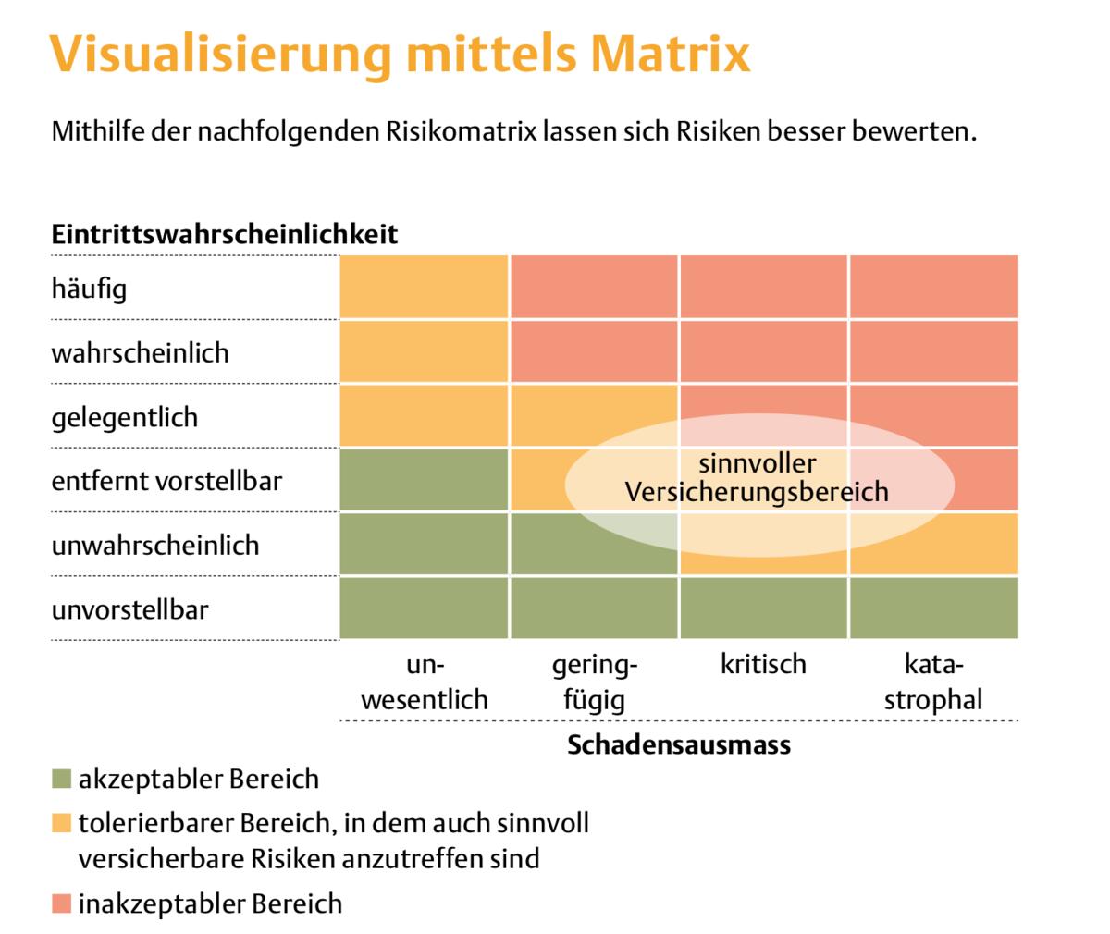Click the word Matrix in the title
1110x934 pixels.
coord(670,54)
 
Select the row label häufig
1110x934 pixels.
coord(89,289)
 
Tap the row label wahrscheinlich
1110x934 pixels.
coord(140,353)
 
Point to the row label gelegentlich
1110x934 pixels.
coord(124,417)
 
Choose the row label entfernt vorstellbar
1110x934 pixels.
coord(166,481)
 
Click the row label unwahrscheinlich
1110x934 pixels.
coord(154,545)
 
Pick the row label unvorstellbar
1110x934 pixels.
coord(129,609)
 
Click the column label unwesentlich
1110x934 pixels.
coord(425,682)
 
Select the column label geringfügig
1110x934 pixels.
coord(595,682)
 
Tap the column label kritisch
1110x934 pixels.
coord(763,664)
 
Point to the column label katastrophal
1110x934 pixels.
coord(933,682)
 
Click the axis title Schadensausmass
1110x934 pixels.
coord(679,745)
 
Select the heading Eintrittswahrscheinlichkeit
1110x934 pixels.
coord(225,234)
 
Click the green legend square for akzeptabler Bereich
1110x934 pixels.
coord(61,779)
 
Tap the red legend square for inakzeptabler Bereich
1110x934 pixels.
coord(61,903)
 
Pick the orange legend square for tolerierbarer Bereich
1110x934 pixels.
coord(61,823)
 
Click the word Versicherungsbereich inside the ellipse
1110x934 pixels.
coord(757,492)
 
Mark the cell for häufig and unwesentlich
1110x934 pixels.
coord(424,287)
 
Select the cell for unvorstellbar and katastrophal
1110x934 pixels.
coord(933,608)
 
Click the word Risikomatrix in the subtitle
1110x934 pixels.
coord(459,131)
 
